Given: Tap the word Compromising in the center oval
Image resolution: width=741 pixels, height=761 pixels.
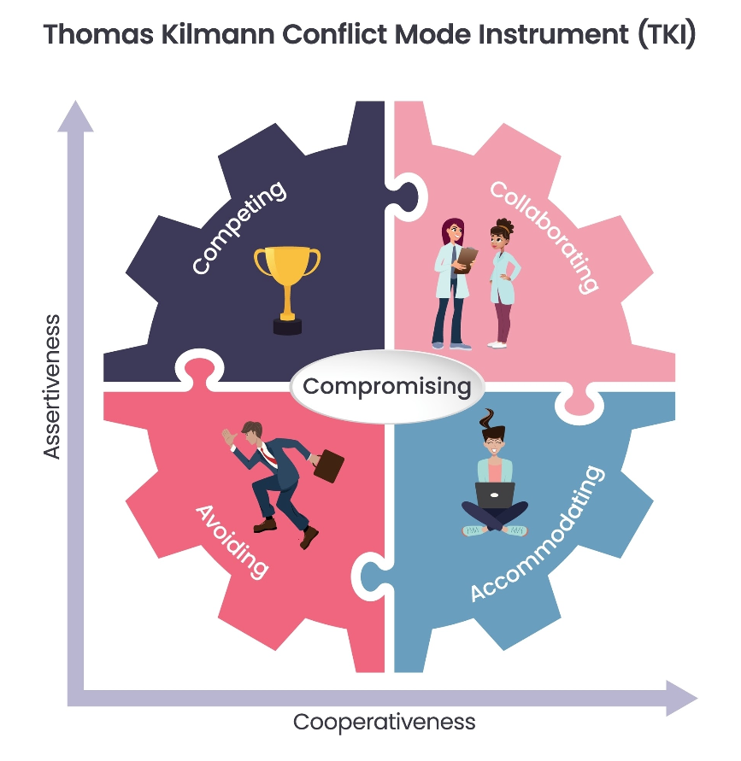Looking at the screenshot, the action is [387, 386].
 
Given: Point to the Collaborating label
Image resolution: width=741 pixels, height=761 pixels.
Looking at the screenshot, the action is [542, 236].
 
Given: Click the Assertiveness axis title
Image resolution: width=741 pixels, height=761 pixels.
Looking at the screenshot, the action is [53, 386].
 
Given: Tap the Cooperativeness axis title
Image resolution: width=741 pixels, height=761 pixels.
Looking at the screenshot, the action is [384, 722].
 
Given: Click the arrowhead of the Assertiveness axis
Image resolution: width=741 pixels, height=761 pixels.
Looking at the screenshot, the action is [75, 115].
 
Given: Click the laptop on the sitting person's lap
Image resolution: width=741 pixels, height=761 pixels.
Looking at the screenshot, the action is [495, 495].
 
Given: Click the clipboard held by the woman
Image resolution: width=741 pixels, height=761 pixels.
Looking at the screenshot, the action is [468, 255].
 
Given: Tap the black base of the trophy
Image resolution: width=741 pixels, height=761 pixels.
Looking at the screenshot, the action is [286, 325].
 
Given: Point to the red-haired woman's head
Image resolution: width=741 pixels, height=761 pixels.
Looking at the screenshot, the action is [451, 231].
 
